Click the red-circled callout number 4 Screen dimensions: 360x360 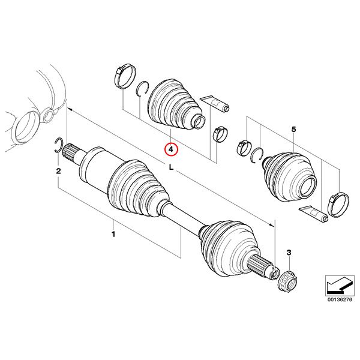[x=171, y=149]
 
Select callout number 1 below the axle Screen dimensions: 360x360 [x=113, y=235]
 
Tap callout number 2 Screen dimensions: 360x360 [x=58, y=171]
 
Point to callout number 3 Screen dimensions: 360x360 [x=289, y=253]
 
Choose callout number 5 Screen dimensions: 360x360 [x=293, y=130]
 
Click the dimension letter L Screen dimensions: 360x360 [x=171, y=167]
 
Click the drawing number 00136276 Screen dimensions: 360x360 [x=340, y=300]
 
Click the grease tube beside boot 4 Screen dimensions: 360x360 [x=215, y=103]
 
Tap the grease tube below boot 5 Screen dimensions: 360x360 [x=314, y=214]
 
